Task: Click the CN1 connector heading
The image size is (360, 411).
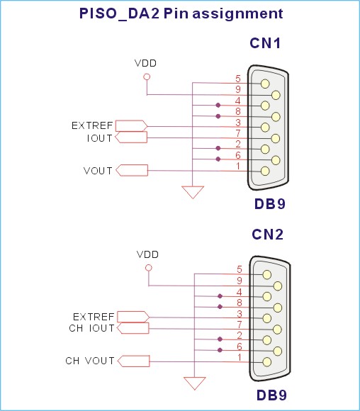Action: (265, 43)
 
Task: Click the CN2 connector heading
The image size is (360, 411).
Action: (267, 235)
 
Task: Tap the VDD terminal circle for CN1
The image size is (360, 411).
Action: (147, 77)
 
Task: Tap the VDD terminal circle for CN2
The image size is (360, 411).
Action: (149, 268)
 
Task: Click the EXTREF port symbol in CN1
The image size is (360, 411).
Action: (131, 126)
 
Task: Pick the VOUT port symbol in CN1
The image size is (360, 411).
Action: (132, 170)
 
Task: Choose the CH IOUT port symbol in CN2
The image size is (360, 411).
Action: (133, 328)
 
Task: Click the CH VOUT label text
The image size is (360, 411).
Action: (90, 361)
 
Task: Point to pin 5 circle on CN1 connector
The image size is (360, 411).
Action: (265, 84)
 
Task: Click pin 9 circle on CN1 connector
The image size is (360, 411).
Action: (276, 95)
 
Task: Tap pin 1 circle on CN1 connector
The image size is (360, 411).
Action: (265, 171)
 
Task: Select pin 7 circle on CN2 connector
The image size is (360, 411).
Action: (277, 330)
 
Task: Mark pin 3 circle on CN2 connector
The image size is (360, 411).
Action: (267, 318)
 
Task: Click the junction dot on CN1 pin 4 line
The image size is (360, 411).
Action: (218, 106)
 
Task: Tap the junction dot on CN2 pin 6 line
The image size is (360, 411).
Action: (220, 350)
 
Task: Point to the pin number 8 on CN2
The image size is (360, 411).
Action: (240, 303)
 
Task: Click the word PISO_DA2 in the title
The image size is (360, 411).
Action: (119, 13)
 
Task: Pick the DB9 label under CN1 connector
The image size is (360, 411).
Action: (270, 204)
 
